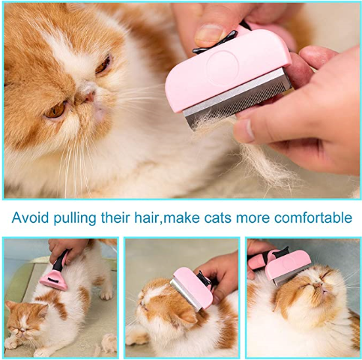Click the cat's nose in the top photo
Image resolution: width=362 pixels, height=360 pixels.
click(89, 95)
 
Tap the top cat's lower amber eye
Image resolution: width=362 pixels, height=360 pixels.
click(55, 110)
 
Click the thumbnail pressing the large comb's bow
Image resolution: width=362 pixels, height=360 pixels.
click(208, 34)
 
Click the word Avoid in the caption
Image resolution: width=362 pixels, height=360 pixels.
click(30, 217)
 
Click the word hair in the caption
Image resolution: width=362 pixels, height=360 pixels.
click(146, 217)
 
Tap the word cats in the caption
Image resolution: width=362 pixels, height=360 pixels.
click(217, 218)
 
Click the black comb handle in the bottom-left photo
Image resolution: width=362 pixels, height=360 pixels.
click(59, 262)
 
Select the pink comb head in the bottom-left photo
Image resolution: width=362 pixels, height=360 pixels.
click(54, 280)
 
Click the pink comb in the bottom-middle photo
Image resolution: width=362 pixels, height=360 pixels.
click(192, 288)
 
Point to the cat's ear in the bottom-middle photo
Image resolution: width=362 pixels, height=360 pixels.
click(185, 317)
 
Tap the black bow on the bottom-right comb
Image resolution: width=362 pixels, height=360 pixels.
click(280, 253)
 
